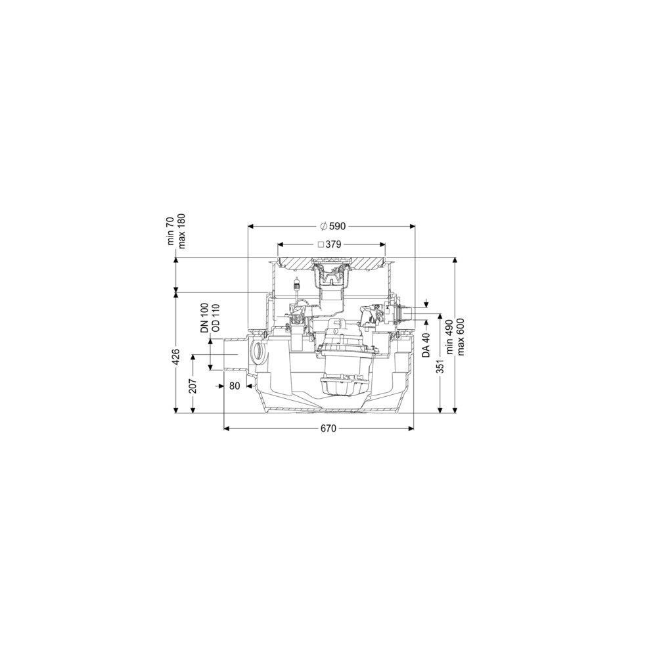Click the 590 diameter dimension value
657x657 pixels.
coord(337,226)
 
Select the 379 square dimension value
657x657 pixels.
coord(334,244)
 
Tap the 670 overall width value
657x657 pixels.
coord(328,428)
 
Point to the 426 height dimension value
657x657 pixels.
coord(176,357)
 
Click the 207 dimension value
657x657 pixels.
coord(193,386)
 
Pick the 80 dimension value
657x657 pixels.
coord(235,386)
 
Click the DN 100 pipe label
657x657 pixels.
coord(204,318)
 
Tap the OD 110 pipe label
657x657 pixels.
coord(215,318)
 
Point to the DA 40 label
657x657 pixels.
coord(426,344)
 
